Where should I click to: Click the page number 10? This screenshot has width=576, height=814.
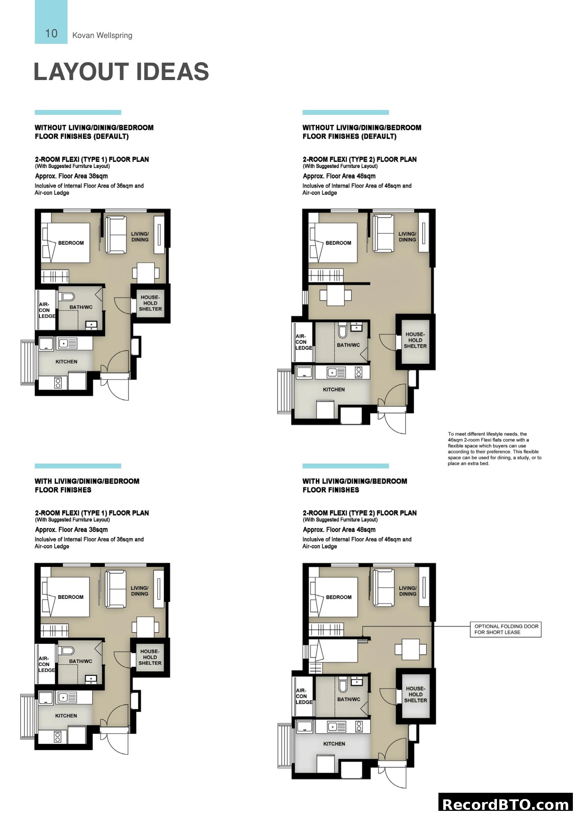tap(51, 33)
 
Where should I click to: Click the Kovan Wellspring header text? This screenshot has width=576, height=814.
tap(102, 35)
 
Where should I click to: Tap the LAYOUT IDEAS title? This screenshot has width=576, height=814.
tap(121, 72)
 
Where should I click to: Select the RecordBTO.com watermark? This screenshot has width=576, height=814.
tap(506, 804)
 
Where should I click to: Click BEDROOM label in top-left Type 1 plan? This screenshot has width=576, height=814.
tap(71, 243)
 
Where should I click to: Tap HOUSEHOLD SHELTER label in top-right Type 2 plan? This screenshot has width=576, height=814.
tap(415, 340)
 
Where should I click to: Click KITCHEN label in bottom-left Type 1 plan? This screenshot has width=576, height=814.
tap(66, 716)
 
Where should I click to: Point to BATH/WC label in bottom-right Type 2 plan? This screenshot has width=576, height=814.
tap(348, 699)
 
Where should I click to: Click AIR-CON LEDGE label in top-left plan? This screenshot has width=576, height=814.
tap(46, 310)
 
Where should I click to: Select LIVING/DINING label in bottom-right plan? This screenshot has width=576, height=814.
tap(407, 591)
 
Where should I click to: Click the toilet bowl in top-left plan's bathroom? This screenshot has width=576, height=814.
tap(67, 297)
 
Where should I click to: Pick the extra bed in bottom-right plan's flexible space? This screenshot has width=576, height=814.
tap(333, 650)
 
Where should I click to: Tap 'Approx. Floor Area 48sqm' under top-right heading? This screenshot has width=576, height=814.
tap(339, 176)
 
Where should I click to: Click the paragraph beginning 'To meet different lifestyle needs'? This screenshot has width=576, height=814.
tap(494, 449)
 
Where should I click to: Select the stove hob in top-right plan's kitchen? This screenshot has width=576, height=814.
tap(359, 372)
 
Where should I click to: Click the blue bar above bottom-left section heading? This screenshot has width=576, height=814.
tap(78, 466)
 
